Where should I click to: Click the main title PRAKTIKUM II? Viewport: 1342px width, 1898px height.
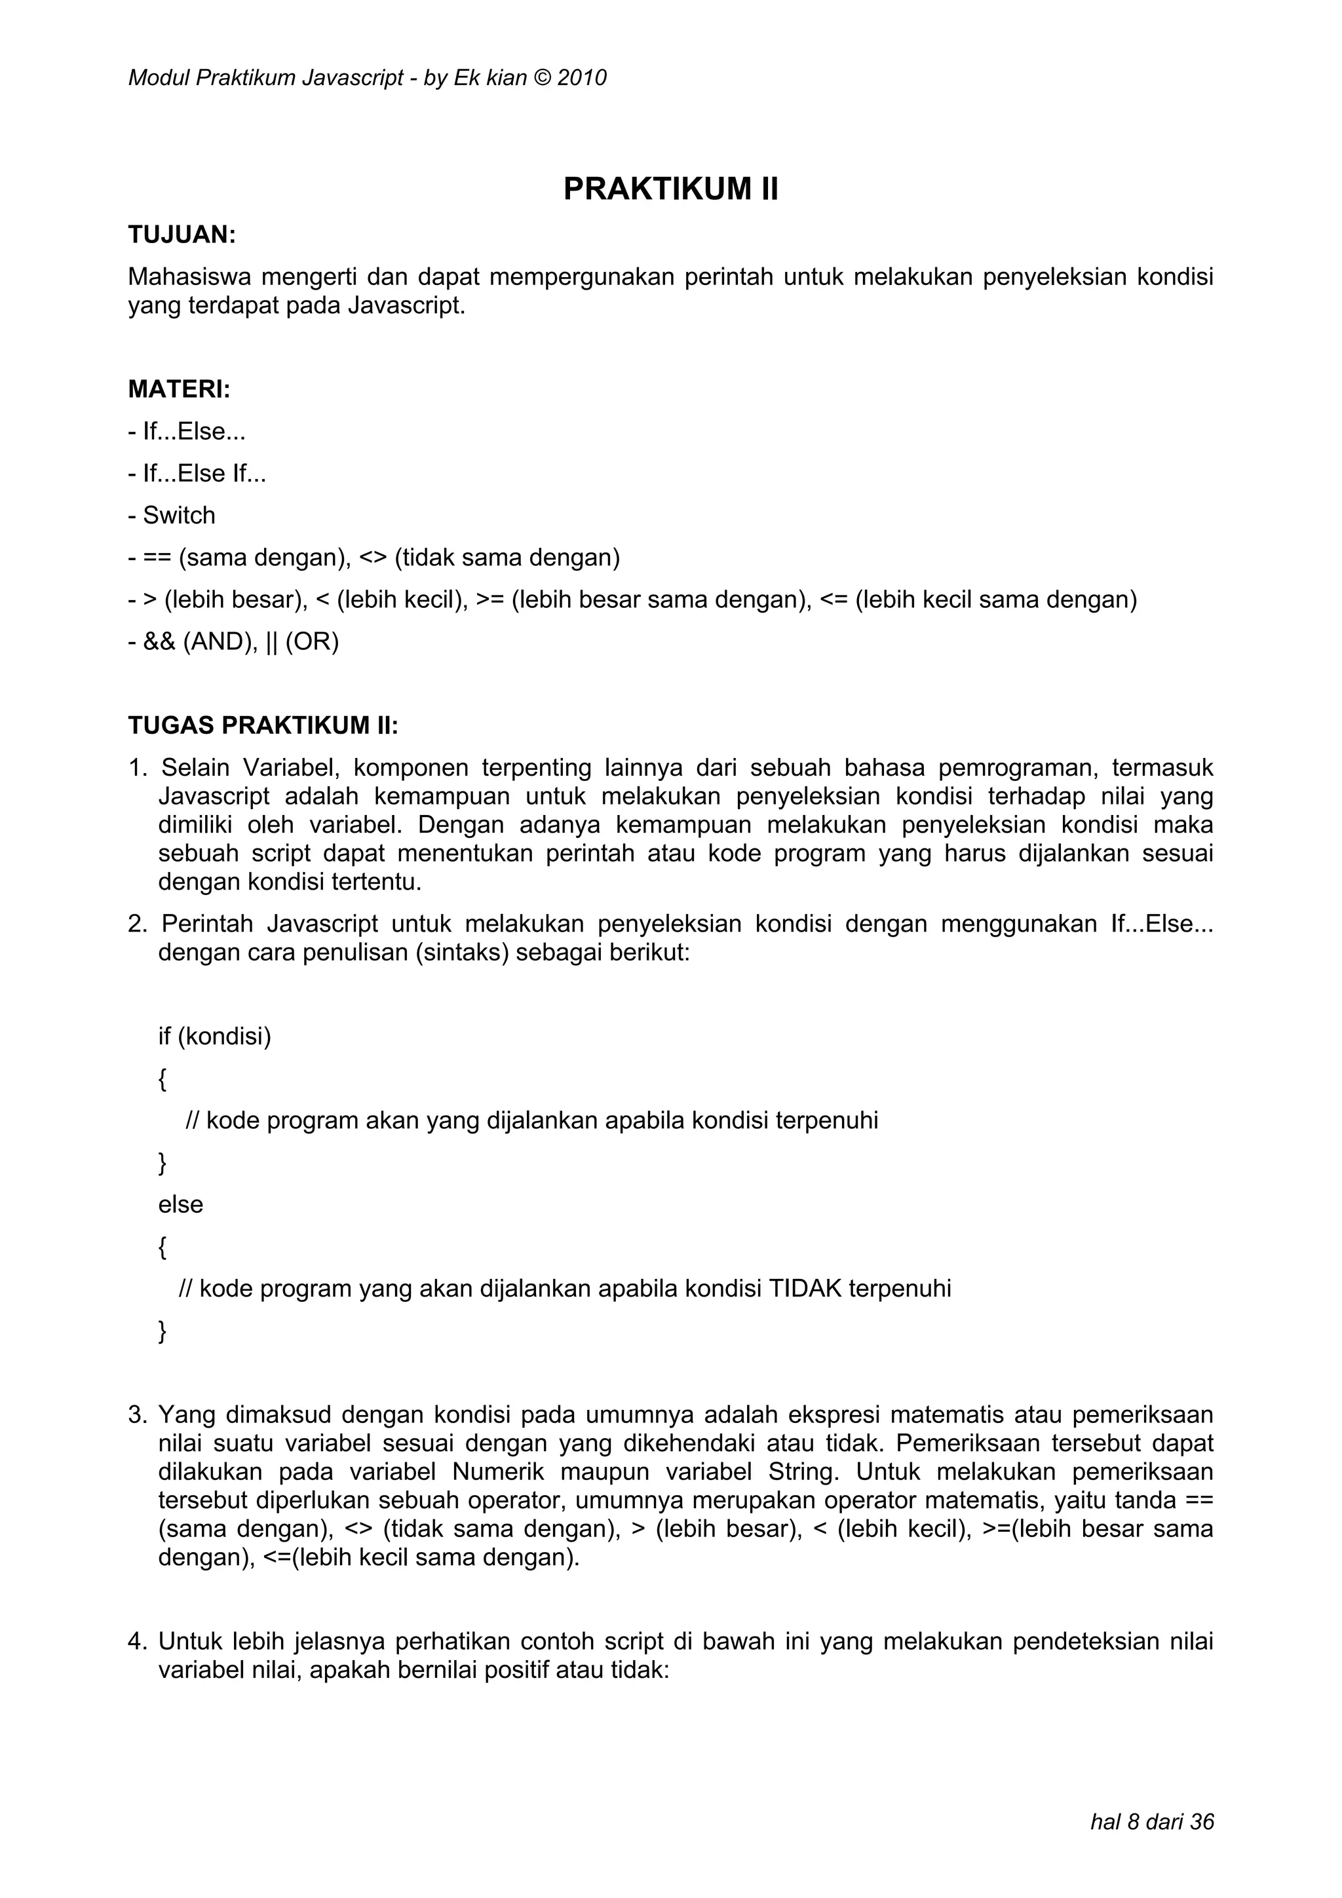[x=670, y=189]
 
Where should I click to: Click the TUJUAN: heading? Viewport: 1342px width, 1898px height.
[x=182, y=235]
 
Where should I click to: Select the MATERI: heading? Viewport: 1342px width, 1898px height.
[x=179, y=389]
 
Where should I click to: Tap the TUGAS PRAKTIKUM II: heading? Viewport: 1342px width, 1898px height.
[x=263, y=725]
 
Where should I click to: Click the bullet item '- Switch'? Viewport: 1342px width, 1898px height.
[x=171, y=515]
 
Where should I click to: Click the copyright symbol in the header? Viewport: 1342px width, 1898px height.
[x=541, y=78]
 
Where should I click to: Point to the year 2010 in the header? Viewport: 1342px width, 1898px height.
[x=582, y=78]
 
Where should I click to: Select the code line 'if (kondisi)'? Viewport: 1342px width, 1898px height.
[x=214, y=1036]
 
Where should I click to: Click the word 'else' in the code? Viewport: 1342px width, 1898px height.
[x=180, y=1204]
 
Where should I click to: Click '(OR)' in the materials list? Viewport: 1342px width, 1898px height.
[x=312, y=641]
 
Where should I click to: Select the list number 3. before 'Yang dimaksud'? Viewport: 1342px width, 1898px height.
[x=137, y=1415]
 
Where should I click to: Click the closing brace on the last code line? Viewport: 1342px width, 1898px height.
[x=162, y=1331]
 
